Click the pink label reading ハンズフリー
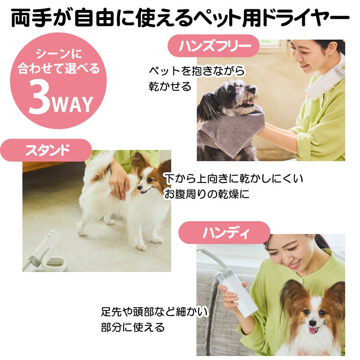pyautogui.click(x=214, y=46)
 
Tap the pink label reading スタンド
pyautogui.click(x=46, y=150)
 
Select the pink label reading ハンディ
pyautogui.click(x=224, y=232)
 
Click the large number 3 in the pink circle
pyautogui.click(x=39, y=98)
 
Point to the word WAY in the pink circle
pyautogui.click(x=72, y=104)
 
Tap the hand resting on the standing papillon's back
pyautogui.click(x=119, y=181)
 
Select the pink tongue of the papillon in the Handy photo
pyautogui.click(x=312, y=331)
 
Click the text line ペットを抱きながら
pyautogui.click(x=197, y=70)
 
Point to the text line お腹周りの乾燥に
pyautogui.click(x=206, y=194)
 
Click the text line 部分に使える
pyautogui.click(x=133, y=327)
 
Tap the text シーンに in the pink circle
pyautogui.click(x=59, y=54)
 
